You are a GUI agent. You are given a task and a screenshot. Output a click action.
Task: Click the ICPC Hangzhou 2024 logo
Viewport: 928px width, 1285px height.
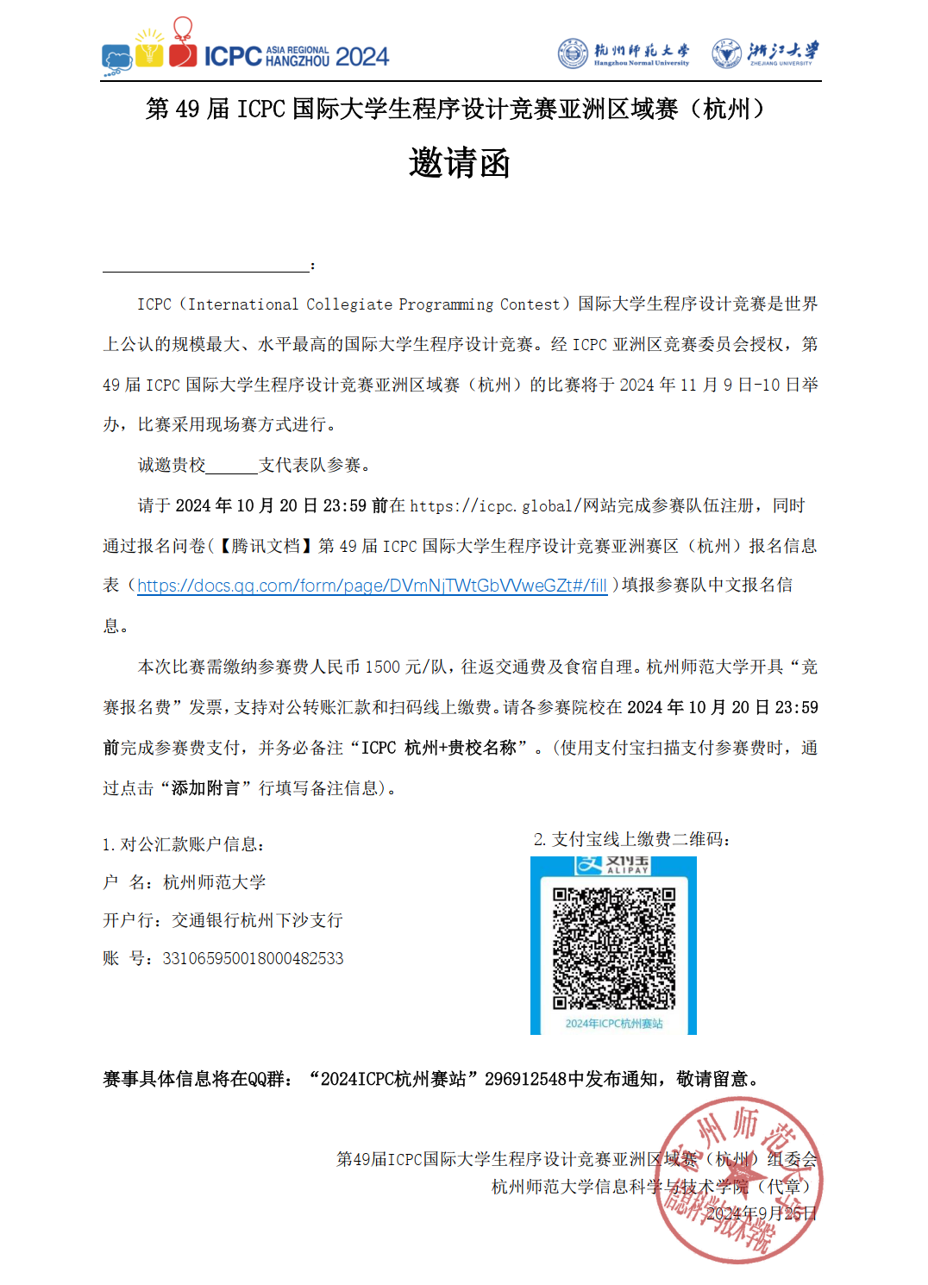point(246,47)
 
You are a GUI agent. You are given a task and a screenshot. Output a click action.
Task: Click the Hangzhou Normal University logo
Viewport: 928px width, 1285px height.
point(624,53)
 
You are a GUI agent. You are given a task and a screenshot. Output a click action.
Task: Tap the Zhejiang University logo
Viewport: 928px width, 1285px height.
point(765,53)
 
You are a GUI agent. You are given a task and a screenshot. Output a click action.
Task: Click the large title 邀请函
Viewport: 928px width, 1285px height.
point(460,163)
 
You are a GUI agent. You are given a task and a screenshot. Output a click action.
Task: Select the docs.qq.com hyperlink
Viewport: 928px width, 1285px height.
point(372,586)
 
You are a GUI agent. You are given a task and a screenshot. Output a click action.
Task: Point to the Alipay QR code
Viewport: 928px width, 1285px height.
point(613,948)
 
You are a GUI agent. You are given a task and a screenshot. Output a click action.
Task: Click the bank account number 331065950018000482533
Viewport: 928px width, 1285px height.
point(253,958)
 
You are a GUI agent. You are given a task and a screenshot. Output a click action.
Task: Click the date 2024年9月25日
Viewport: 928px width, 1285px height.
point(761,1213)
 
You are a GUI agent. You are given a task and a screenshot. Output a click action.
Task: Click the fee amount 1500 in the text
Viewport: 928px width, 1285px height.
point(383,667)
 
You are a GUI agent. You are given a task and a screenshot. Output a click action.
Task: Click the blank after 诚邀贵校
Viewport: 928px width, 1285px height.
point(232,466)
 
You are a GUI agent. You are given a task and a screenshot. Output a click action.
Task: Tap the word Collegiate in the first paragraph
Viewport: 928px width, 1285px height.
point(348,304)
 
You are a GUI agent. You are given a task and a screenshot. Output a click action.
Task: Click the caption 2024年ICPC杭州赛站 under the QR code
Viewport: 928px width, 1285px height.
point(613,1024)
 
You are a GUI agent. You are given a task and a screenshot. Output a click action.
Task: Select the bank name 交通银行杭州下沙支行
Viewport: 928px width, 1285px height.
point(257,920)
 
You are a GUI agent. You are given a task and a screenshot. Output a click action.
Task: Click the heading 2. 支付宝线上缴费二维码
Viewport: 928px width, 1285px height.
point(631,839)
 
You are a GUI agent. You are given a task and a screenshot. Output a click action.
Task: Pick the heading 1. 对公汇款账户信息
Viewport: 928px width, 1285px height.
point(183,844)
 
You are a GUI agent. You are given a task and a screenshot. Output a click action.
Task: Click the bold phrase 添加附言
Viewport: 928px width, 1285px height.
point(205,788)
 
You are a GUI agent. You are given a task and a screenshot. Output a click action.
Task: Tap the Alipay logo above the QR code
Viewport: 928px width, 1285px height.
point(612,865)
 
